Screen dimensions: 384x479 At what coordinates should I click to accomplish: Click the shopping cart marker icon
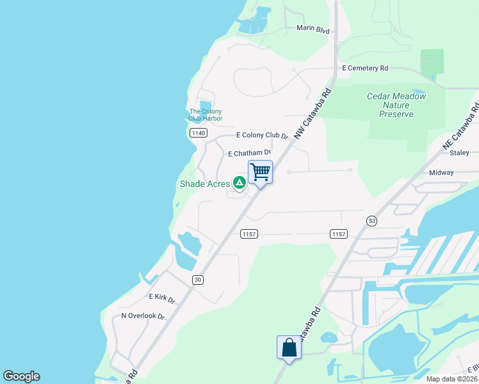pos(260,172)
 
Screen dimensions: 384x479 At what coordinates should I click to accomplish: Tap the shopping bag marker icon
pos(289,348)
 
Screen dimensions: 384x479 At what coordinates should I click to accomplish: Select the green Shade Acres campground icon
pos(239,184)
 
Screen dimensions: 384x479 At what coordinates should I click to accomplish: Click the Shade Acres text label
pos(204,184)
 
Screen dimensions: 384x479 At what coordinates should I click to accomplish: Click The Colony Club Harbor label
pos(206,115)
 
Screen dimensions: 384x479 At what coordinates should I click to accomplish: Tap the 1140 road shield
pos(199,132)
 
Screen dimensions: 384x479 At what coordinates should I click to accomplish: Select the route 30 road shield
pos(199,280)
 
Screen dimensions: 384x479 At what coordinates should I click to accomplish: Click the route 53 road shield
pos(371,221)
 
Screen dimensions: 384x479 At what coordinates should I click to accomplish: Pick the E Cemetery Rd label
pos(365,68)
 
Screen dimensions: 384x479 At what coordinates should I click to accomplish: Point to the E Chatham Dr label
pos(250,154)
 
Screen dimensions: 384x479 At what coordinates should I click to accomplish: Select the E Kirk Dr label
pos(162,297)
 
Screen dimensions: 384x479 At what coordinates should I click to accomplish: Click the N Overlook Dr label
pos(143,316)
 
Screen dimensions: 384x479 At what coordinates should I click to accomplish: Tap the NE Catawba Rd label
pos(460,125)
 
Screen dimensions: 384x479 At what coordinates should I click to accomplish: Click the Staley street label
pos(460,153)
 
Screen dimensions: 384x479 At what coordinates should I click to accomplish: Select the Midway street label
pos(441,173)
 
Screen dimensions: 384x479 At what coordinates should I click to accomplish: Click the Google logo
pos(21,376)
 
